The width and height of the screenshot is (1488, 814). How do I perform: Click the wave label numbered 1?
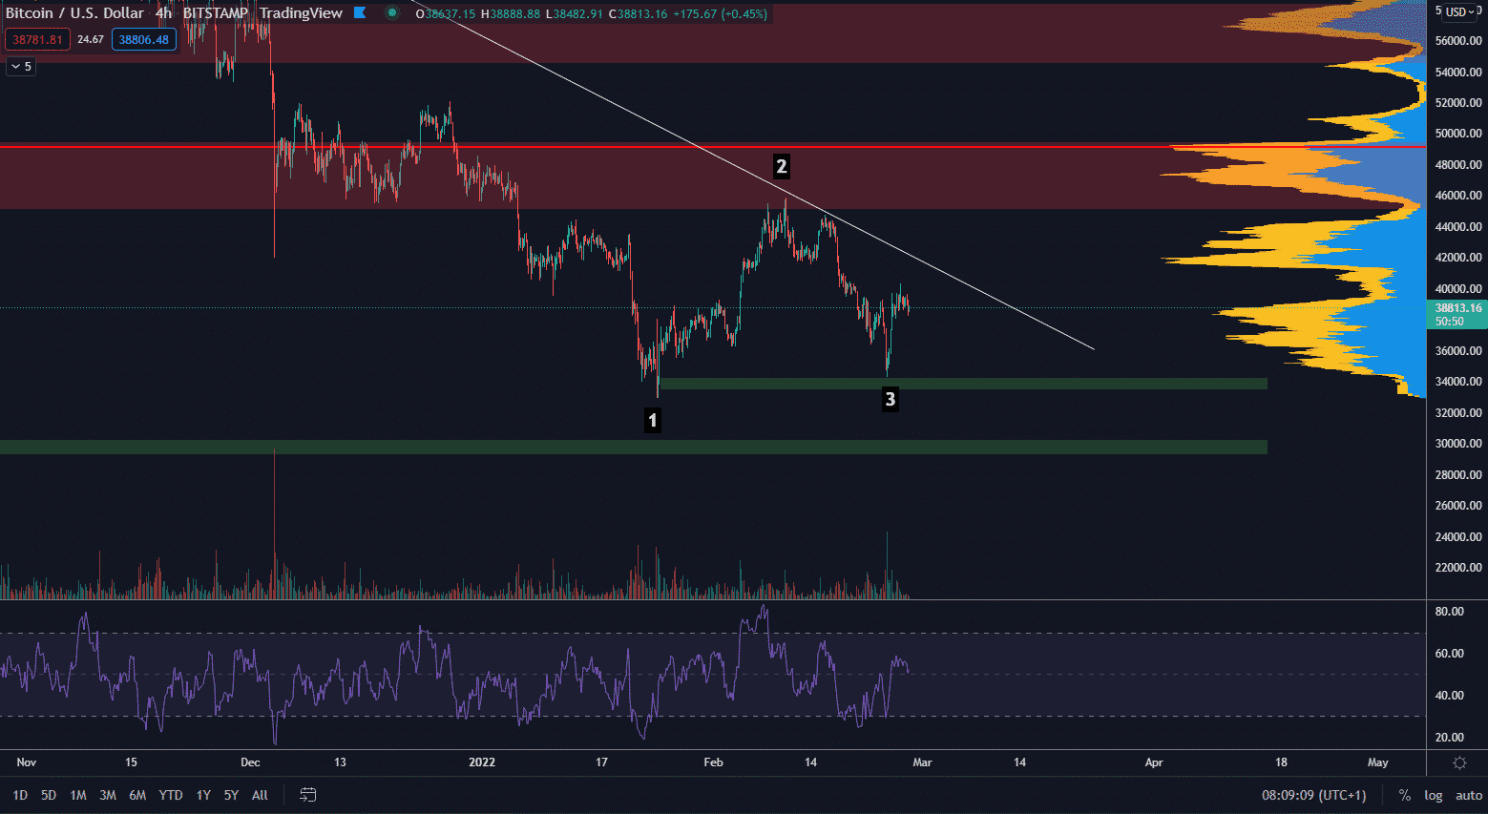(x=653, y=420)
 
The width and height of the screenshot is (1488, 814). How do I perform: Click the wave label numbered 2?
(x=781, y=167)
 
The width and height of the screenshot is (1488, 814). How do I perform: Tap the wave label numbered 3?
(x=890, y=399)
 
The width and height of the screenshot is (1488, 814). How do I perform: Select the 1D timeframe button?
(x=20, y=795)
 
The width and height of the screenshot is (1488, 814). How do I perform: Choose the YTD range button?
(x=171, y=795)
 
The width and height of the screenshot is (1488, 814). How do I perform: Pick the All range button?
(x=260, y=795)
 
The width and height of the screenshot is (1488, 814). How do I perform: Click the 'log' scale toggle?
(x=1434, y=795)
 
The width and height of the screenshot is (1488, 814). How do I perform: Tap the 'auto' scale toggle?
(x=1468, y=795)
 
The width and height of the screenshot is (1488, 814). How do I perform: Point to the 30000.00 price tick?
(x=1458, y=444)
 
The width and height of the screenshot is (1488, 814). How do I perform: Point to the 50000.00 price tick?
(x=1458, y=134)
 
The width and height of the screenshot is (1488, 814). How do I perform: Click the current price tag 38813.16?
(x=1457, y=308)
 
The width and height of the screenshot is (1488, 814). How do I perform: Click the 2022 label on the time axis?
(x=482, y=762)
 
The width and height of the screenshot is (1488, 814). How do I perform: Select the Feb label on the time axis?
(x=713, y=762)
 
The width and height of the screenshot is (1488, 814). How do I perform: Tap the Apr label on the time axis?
(x=1154, y=762)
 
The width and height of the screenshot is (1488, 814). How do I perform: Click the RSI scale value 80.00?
(x=1449, y=612)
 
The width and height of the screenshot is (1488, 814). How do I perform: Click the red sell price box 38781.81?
(x=37, y=40)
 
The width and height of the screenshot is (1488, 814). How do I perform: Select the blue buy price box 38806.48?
(x=143, y=40)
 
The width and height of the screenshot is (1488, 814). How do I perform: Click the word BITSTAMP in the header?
(x=215, y=13)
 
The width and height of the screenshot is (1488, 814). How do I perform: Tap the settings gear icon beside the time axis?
(x=1459, y=762)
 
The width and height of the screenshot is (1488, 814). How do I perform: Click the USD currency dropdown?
(x=1461, y=11)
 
